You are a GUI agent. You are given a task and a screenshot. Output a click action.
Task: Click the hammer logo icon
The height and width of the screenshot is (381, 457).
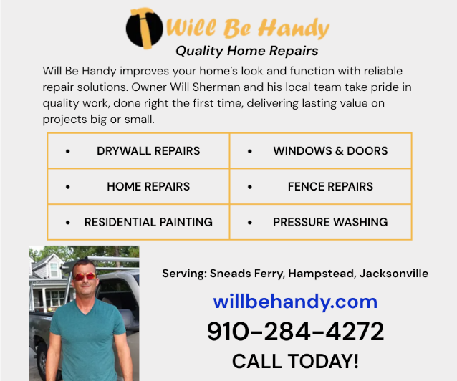[x=145, y=28]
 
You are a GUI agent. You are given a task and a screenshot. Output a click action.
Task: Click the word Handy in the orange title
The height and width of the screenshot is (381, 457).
[x=294, y=29]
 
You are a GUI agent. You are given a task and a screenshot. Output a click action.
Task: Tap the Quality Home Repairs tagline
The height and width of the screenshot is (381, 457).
[x=246, y=51]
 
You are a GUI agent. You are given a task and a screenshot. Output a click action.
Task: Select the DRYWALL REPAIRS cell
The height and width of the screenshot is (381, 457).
[x=138, y=151]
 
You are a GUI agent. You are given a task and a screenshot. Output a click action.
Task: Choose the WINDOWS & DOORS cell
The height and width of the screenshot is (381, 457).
[x=321, y=151]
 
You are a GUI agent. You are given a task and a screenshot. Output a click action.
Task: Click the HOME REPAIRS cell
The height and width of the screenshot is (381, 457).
[x=138, y=187]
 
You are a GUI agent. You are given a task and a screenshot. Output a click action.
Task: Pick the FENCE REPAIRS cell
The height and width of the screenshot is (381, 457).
[x=321, y=187]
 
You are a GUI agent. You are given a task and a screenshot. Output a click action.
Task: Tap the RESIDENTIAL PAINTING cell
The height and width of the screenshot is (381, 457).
[x=138, y=222]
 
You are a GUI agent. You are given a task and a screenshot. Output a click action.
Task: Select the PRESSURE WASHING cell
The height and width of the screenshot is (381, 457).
[x=321, y=222]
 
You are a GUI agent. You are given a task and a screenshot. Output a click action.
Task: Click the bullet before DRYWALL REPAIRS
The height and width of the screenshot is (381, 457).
[x=68, y=151]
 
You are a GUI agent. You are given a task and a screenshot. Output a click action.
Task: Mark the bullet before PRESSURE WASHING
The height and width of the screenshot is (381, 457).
[x=250, y=223]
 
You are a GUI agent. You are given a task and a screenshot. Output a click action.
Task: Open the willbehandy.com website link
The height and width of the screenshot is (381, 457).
[x=295, y=302]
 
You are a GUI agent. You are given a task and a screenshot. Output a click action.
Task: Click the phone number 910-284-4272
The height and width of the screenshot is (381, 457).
[x=296, y=332]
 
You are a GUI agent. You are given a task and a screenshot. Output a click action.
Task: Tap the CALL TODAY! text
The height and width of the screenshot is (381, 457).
[x=295, y=361]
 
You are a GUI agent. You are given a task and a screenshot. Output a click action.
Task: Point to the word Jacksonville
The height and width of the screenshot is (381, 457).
[x=394, y=274]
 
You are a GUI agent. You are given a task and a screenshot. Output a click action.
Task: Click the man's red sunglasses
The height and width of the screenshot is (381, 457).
[x=85, y=276]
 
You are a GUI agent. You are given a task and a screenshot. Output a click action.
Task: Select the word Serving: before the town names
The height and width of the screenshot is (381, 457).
[x=185, y=274]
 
